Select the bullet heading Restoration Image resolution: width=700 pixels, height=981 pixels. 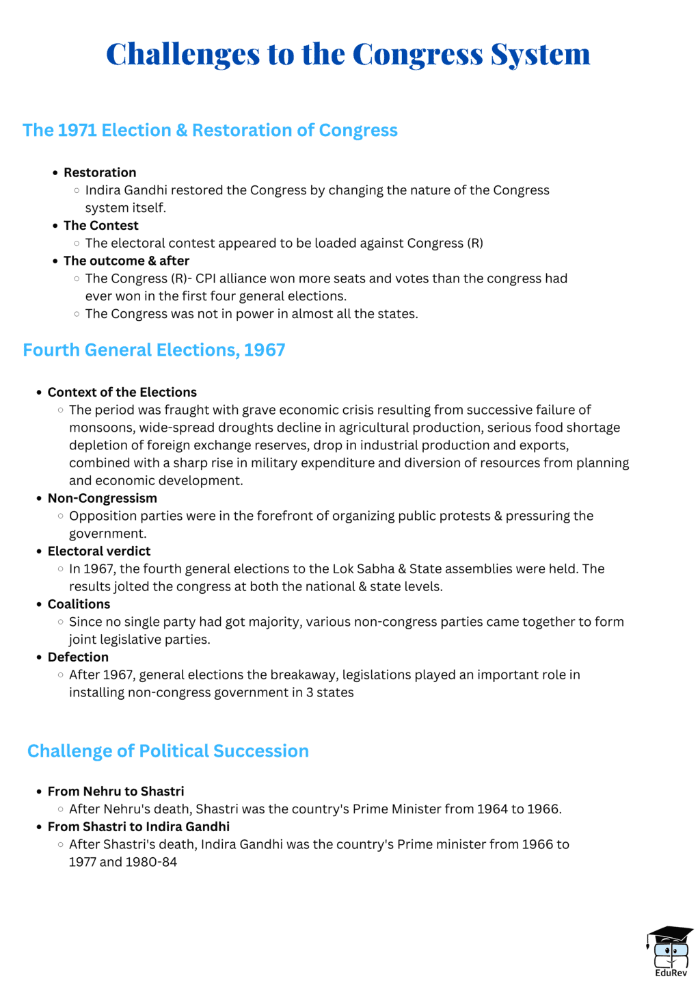100,172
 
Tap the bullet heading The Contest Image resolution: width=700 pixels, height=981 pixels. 100,226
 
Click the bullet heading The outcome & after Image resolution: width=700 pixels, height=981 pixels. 126,261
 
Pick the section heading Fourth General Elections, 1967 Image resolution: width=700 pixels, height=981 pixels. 154,350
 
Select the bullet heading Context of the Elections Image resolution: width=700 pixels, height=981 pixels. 122,393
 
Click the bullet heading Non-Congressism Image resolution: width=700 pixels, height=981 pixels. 102,498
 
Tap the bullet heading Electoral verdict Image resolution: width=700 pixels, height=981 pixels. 99,551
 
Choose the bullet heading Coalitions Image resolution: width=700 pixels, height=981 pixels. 79,604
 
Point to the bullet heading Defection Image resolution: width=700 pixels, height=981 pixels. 78,657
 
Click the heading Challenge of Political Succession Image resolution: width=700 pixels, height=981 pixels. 168,751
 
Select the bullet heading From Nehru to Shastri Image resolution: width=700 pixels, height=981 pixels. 116,792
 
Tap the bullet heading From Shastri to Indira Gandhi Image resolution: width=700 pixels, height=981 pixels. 138,826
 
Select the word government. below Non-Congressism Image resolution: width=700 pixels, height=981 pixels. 107,534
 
